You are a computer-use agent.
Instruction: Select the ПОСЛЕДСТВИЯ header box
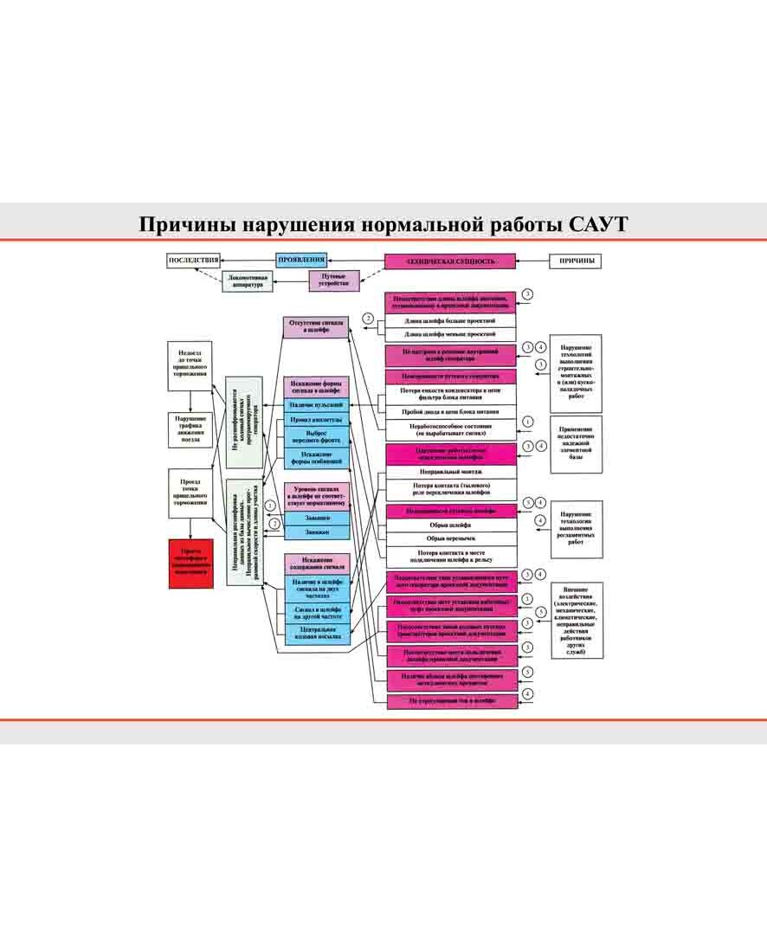click(192, 260)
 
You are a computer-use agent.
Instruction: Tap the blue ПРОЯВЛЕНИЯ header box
click(300, 260)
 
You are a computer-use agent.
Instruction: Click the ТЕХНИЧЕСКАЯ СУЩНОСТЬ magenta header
click(450, 261)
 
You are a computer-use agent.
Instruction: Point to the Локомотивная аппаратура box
click(252, 281)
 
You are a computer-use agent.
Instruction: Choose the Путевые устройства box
click(334, 280)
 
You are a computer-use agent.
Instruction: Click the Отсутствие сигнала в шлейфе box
click(316, 326)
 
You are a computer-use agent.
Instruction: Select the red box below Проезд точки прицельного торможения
click(190, 563)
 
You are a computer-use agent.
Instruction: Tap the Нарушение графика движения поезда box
click(190, 428)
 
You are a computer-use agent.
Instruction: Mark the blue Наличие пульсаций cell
click(316, 405)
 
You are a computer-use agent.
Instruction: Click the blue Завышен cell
click(316, 517)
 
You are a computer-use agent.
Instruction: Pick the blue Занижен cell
click(316, 531)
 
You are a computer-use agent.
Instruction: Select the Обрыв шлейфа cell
click(450, 525)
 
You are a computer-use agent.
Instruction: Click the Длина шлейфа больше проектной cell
click(450, 321)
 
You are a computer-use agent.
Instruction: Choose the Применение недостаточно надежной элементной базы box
click(577, 443)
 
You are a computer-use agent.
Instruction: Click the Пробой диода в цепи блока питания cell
click(450, 412)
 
